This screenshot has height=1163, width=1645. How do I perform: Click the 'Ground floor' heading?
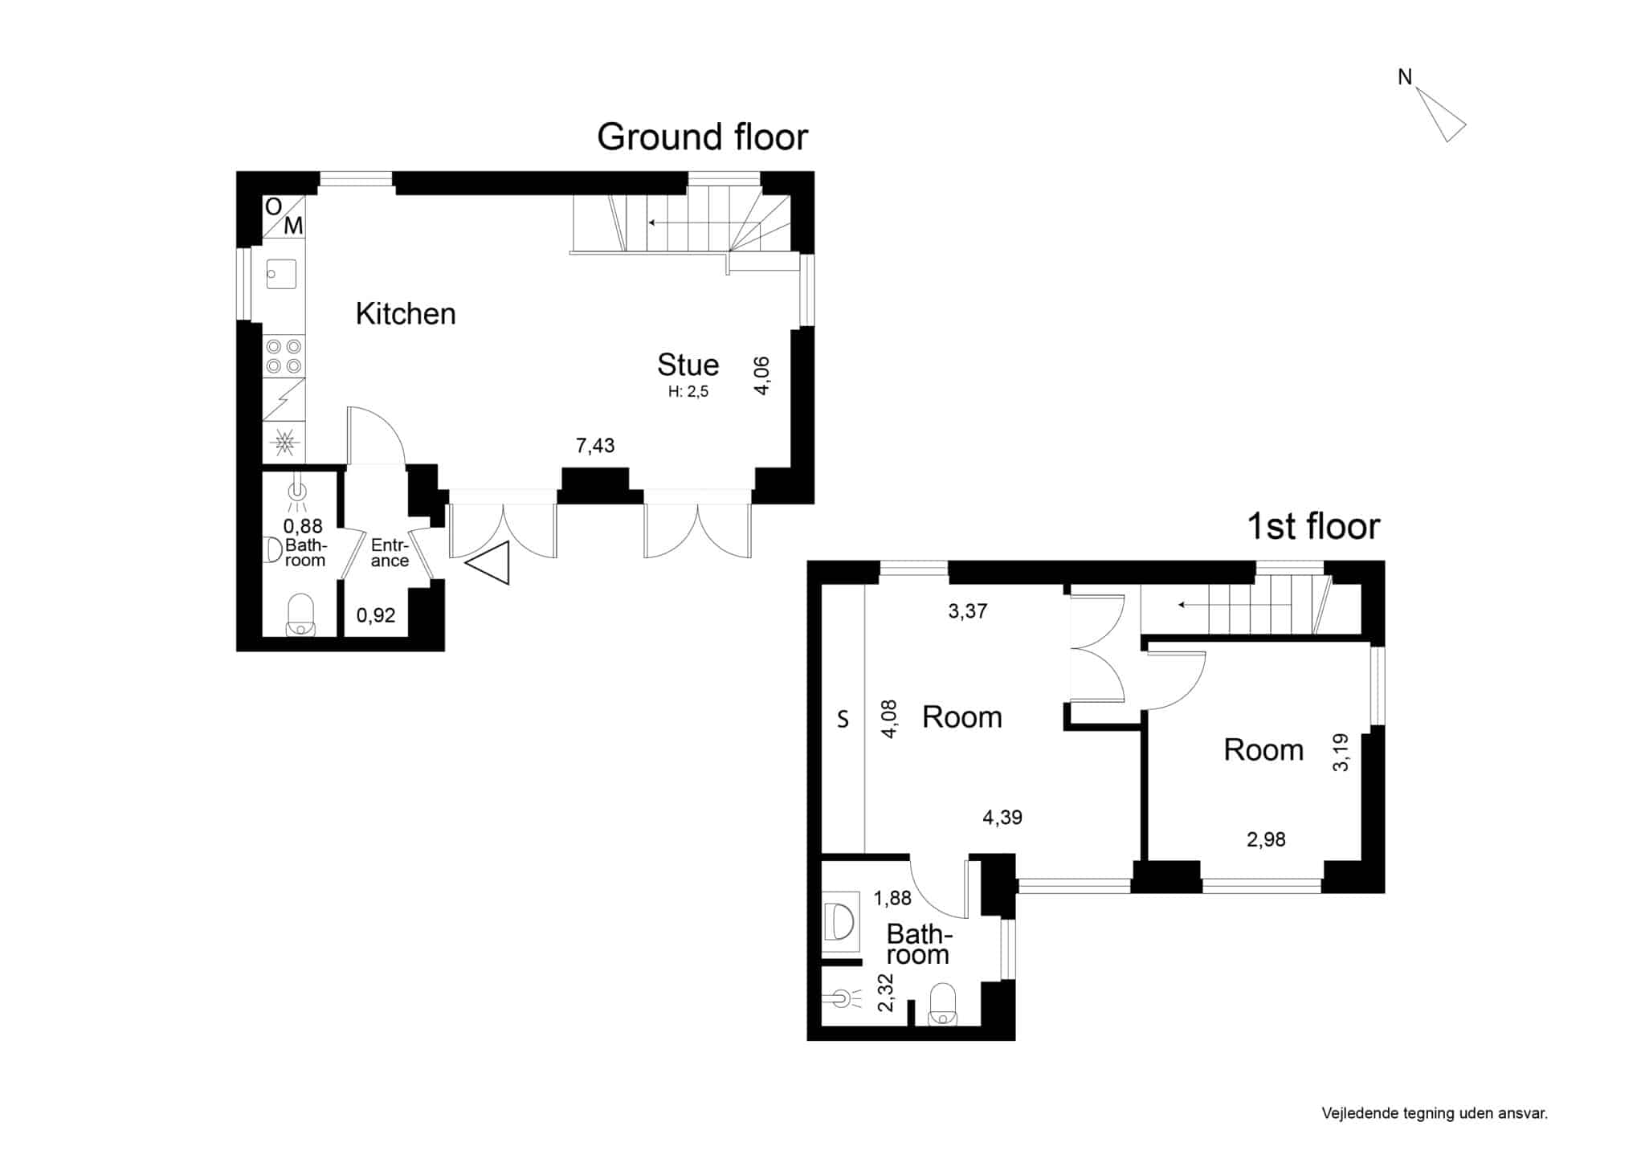click(x=702, y=137)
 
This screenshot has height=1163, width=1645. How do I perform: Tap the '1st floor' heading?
click(x=1312, y=527)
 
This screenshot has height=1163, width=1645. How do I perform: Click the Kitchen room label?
click(x=406, y=313)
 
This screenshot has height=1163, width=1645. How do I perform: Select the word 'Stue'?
click(x=688, y=365)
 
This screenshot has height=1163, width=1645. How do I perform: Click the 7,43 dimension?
click(x=595, y=446)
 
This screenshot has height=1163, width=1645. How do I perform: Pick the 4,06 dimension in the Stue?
click(x=761, y=375)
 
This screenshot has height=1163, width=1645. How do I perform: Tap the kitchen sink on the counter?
click(x=282, y=273)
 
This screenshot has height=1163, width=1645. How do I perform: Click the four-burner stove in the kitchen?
click(x=284, y=356)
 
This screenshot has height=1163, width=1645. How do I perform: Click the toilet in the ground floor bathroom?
click(x=300, y=614)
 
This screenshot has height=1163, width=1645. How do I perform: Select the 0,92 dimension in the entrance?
click(x=376, y=615)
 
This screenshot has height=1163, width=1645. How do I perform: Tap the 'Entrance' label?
click(x=390, y=553)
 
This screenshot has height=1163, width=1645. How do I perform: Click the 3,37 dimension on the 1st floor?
click(x=968, y=611)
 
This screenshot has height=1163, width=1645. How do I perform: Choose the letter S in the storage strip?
click(x=843, y=719)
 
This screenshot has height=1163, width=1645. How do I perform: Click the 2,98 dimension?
click(x=1266, y=840)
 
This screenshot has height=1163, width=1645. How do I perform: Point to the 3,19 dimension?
click(x=1341, y=753)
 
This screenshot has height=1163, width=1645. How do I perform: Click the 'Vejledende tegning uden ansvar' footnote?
click(x=1435, y=1113)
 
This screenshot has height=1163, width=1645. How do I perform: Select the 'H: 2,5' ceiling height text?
click(x=688, y=392)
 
